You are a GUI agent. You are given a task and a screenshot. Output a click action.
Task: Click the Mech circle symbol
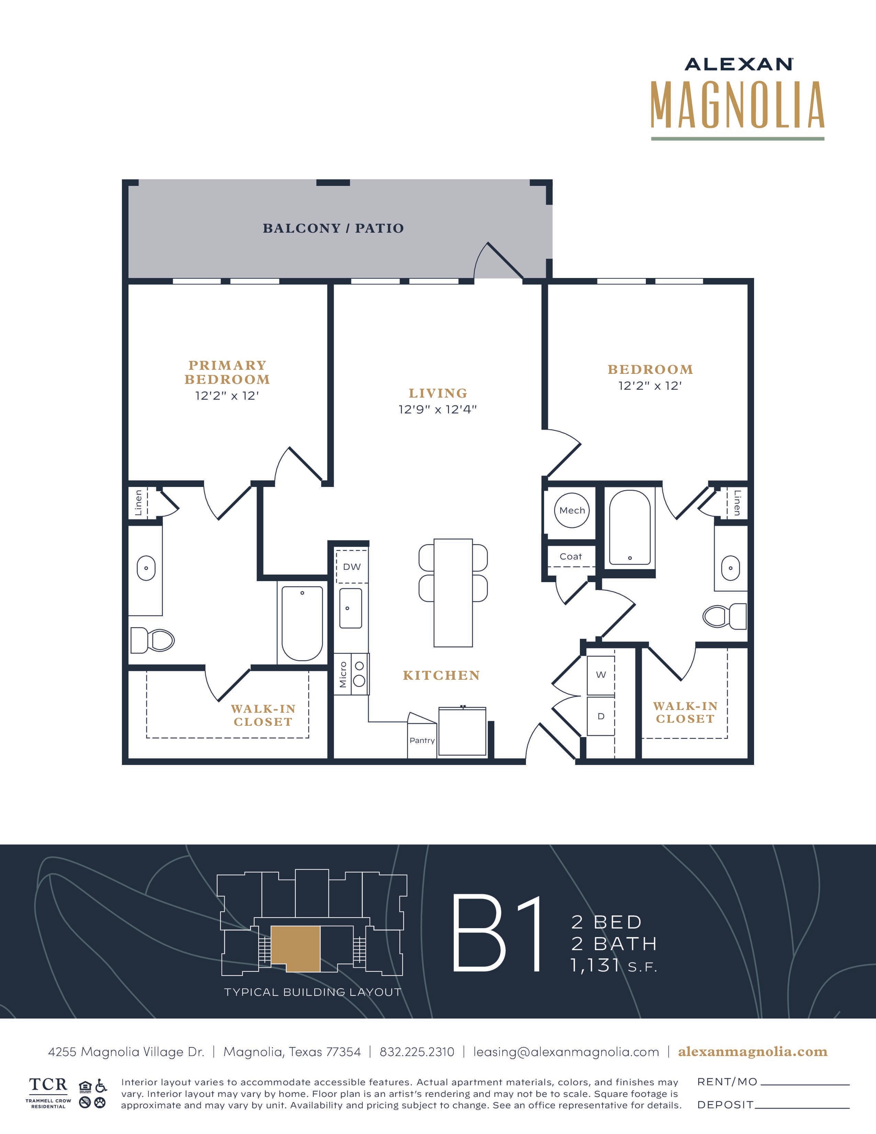pos(572,510)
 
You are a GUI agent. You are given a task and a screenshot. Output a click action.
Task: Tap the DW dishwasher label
pos(351,566)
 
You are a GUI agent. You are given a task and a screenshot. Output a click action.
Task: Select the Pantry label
pos(422,741)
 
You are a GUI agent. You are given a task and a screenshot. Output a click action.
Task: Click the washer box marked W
pos(601,675)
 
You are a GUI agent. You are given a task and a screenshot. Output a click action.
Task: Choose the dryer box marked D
pos(601,716)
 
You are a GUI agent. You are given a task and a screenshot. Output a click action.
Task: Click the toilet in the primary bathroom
pos(152,640)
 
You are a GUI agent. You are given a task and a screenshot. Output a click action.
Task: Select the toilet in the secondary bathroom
pos(725,616)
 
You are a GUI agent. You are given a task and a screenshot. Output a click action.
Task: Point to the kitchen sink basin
pos(351,608)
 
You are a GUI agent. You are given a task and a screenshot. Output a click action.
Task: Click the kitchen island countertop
pos(453,592)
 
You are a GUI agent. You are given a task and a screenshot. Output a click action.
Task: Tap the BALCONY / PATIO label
pos(333,228)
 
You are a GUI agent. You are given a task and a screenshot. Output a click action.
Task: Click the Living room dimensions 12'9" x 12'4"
pos(437,409)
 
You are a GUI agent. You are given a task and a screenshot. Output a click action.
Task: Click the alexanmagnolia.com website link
pos(752,1052)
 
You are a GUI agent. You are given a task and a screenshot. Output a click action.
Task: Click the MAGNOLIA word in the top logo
pos(738,105)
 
